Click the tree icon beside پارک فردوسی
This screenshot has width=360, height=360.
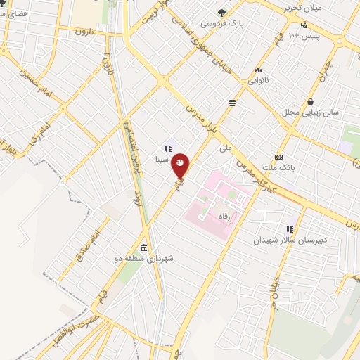222,12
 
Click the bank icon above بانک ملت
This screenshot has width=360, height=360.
279,157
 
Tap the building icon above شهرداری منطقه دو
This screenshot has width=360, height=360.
144,247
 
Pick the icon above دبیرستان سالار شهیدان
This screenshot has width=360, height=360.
290,229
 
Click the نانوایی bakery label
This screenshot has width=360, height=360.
257,81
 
